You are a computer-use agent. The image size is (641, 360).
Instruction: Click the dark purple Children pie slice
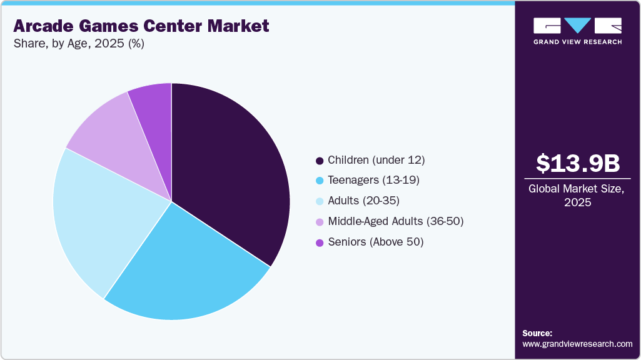(231, 169)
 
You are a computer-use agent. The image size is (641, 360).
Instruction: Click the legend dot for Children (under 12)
(320, 161)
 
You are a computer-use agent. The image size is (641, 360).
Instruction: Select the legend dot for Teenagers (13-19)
(320, 181)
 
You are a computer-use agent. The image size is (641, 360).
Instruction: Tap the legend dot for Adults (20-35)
(320, 201)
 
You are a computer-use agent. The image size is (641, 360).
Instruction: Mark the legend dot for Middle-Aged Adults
(320, 222)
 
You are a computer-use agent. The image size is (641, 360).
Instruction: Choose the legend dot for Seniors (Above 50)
(320, 242)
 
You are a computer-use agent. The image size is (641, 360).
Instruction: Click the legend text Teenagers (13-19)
(373, 180)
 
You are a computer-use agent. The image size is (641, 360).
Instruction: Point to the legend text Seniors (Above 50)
(376, 242)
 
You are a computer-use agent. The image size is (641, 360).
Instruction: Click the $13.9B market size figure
(578, 163)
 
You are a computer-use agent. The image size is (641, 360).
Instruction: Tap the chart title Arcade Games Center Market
(141, 26)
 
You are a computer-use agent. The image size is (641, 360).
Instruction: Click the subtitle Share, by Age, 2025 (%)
(79, 45)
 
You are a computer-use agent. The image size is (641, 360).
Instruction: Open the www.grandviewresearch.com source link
(577, 344)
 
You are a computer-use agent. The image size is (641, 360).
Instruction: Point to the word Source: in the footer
(537, 333)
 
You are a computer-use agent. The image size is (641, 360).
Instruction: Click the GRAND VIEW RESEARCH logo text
(578, 42)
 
